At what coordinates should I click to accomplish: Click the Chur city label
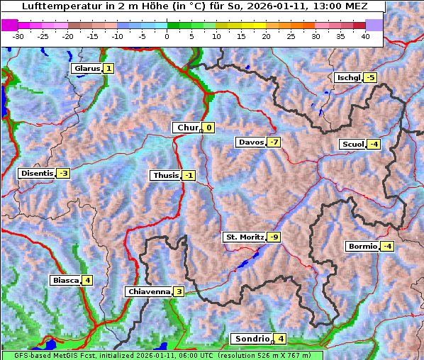pyautogui.click(x=187, y=128)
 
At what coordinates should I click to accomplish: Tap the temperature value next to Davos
pyautogui.click(x=274, y=142)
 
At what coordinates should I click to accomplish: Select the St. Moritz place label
pyautogui.click(x=244, y=237)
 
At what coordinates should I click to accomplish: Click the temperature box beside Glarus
pyautogui.click(x=108, y=69)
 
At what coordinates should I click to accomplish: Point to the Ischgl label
pyautogui.click(x=348, y=77)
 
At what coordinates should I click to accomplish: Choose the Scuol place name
pyautogui.click(x=352, y=145)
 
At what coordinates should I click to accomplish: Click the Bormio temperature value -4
pyautogui.click(x=386, y=247)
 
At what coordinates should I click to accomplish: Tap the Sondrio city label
pyautogui.click(x=252, y=339)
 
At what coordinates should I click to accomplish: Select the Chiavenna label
pyautogui.click(x=149, y=291)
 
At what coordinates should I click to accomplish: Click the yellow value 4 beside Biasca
pyautogui.click(x=87, y=281)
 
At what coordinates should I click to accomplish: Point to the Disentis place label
pyautogui.click(x=37, y=173)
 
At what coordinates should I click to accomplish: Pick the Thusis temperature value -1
pyautogui.click(x=188, y=176)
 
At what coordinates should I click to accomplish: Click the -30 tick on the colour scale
pyautogui.click(x=18, y=36)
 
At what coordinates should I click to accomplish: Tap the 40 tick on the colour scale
pyautogui.click(x=365, y=36)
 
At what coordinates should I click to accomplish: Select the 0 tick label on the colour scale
pyautogui.click(x=167, y=36)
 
